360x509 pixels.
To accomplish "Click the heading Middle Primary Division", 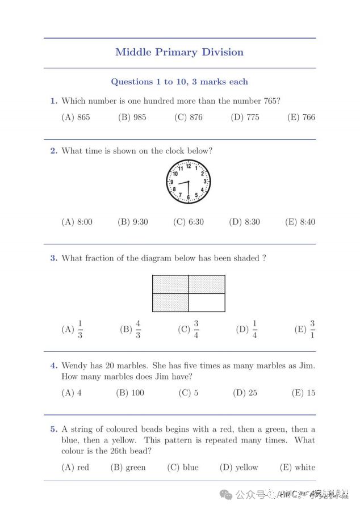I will click(179, 52).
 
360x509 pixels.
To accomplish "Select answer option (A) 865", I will click(76, 117).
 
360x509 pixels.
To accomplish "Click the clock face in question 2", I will click(188, 182).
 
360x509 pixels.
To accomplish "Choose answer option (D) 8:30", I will click(244, 222).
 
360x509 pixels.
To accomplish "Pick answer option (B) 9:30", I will click(133, 222).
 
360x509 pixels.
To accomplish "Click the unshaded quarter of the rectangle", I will click(207, 302).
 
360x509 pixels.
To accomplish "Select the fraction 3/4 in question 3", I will click(195, 329).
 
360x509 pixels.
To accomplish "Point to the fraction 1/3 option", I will click(80, 329).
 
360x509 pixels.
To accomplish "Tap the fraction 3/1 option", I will click(312, 329).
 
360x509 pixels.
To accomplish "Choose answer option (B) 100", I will click(130, 393).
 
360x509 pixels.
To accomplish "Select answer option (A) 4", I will click(72, 393).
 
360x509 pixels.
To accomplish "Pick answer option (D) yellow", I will click(239, 468).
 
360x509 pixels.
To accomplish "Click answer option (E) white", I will click(298, 468).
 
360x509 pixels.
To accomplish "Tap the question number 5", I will click(53, 430).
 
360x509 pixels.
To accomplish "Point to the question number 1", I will click(53, 101).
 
